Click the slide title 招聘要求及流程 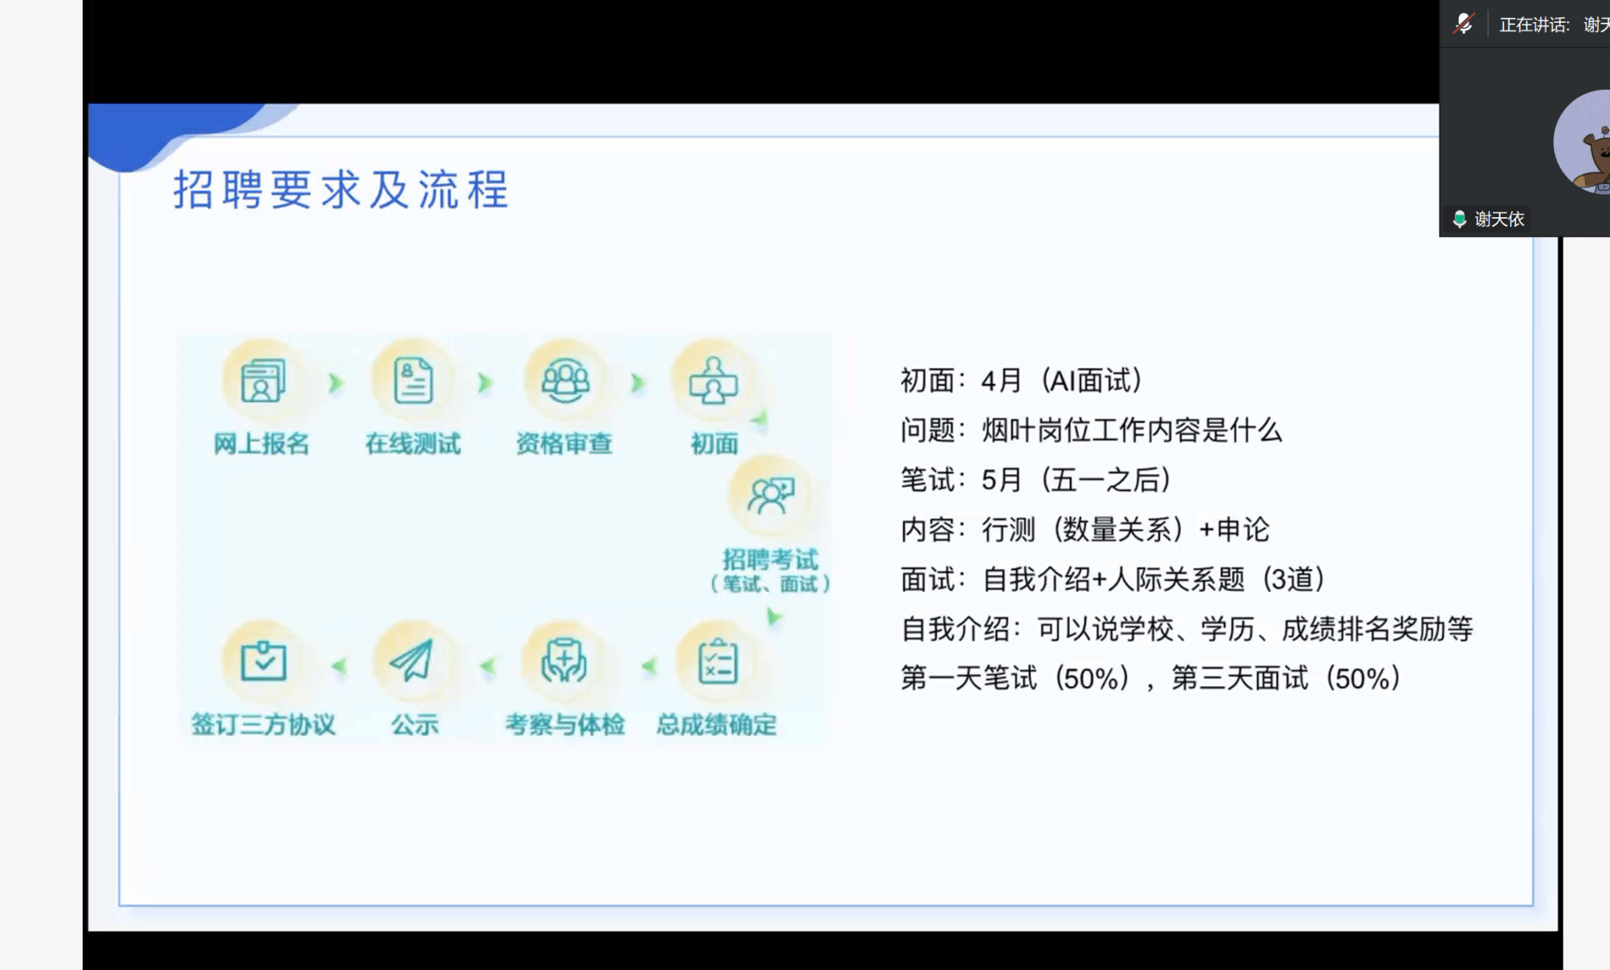tap(341, 190)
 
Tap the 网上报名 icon tap(263, 381)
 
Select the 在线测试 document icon tap(414, 381)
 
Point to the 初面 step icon tap(713, 381)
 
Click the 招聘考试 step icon tap(770, 496)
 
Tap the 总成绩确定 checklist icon tap(718, 662)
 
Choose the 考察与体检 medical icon tap(564, 661)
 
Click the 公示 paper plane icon tap(412, 660)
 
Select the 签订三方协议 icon tap(263, 661)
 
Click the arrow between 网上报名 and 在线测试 tap(336, 383)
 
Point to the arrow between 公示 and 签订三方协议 tap(339, 666)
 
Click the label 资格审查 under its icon tap(564, 444)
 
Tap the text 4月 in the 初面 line tap(1001, 382)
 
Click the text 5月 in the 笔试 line tap(1002, 480)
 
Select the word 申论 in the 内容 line tap(1243, 529)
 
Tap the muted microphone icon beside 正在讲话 tap(1463, 24)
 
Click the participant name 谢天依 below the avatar tap(1499, 219)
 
